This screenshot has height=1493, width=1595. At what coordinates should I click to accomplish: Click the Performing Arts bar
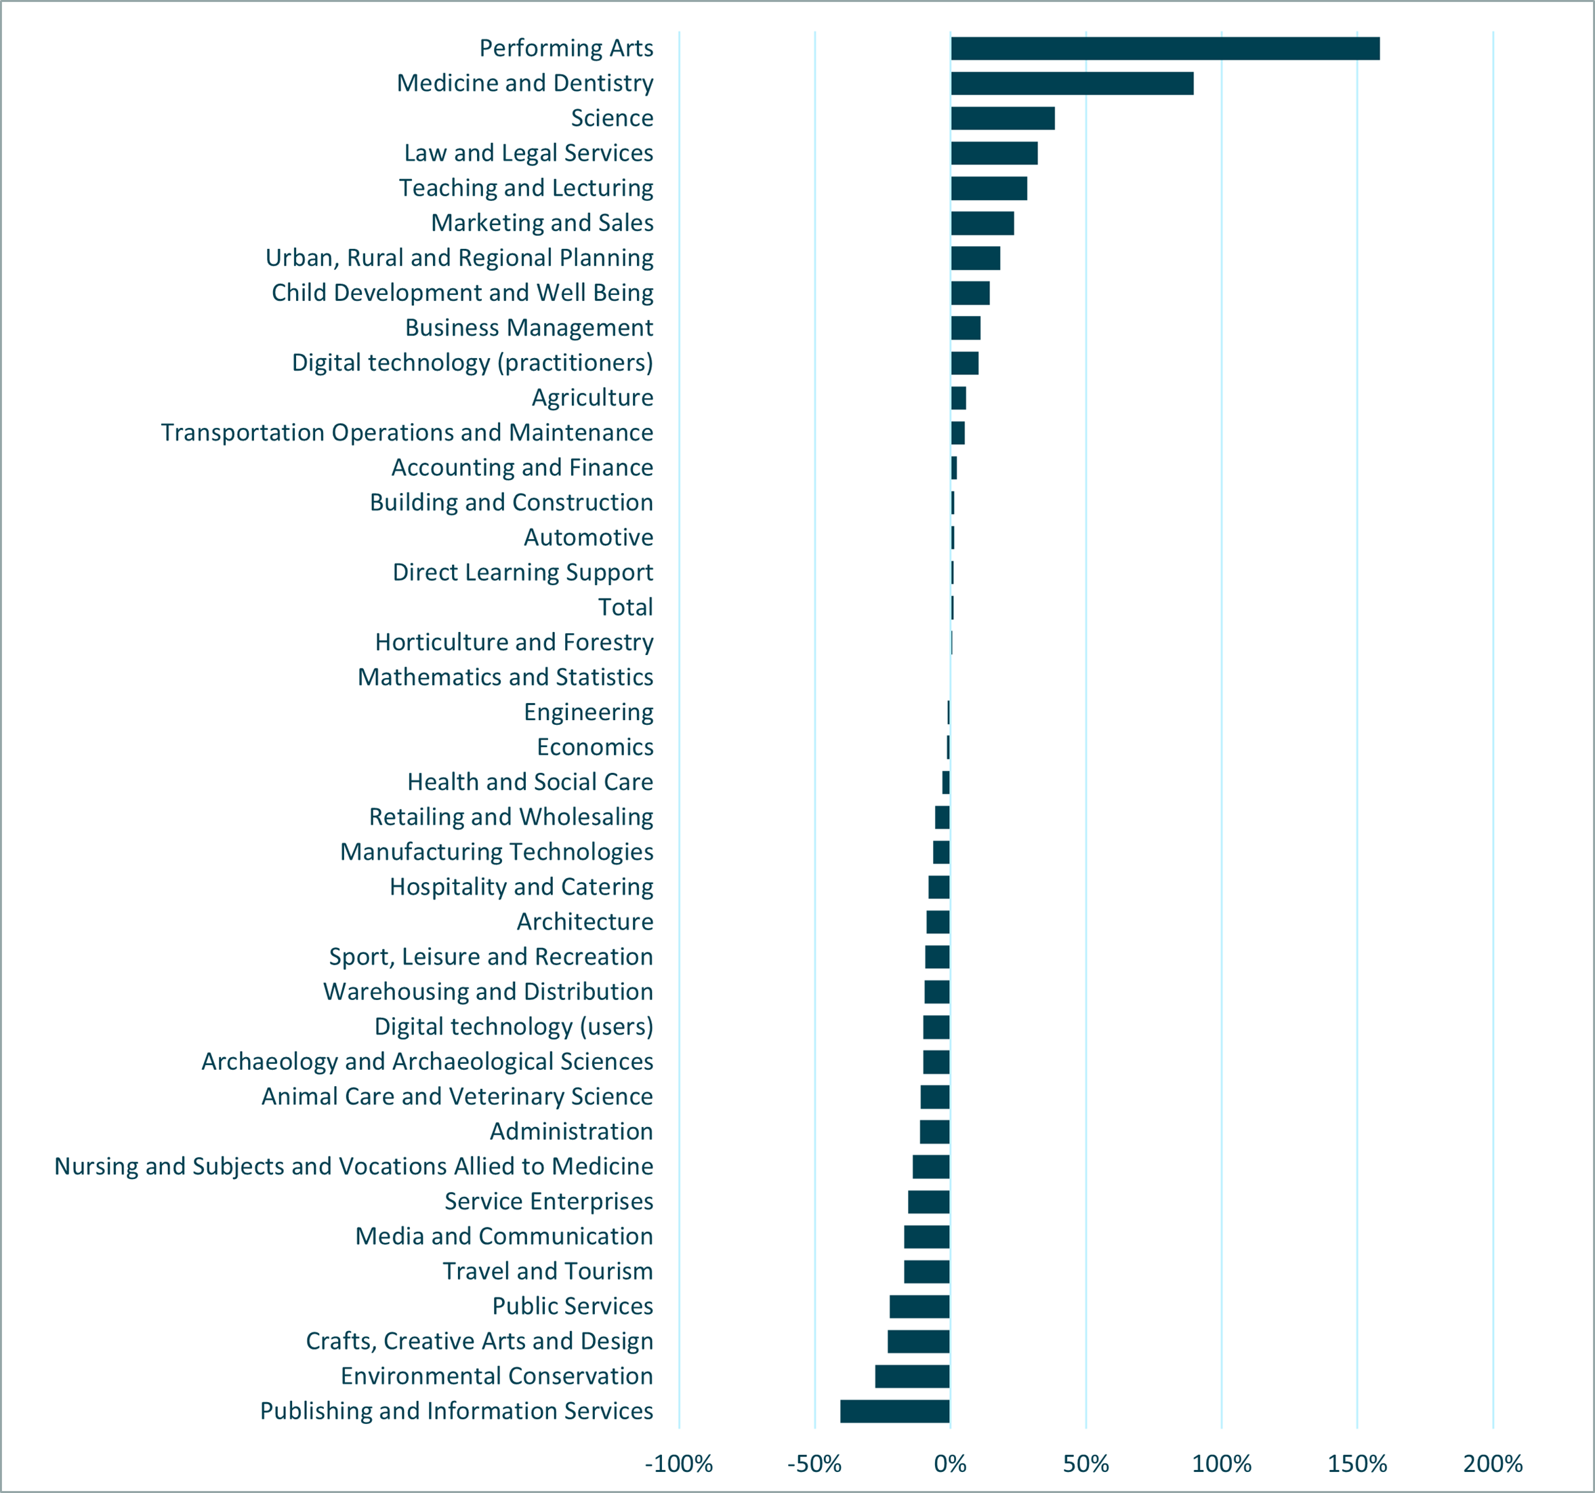tap(1164, 48)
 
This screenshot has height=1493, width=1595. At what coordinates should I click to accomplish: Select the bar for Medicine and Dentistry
tap(1071, 83)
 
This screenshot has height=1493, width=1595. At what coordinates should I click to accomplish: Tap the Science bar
tap(1002, 118)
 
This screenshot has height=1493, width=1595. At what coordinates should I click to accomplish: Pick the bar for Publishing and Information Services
tap(894, 1411)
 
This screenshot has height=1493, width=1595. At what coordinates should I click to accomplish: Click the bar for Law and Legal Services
tap(993, 153)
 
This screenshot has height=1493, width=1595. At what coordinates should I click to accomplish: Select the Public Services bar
tap(919, 1306)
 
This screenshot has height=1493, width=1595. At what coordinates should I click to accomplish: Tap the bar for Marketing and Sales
tap(982, 223)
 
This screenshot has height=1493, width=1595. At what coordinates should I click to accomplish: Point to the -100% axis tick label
tap(679, 1463)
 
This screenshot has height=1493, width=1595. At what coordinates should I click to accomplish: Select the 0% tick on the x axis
tap(950, 1463)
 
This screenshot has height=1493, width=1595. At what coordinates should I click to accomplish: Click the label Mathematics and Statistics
tap(505, 677)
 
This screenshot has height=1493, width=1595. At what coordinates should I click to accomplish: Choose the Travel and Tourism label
tap(547, 1271)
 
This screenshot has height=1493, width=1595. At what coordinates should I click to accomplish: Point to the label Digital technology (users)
tap(514, 1027)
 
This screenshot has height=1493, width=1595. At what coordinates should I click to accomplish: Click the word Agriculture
tap(592, 397)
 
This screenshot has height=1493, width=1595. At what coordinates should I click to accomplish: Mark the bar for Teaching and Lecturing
tap(989, 188)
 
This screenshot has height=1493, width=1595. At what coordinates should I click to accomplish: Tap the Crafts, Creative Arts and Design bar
tap(919, 1341)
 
